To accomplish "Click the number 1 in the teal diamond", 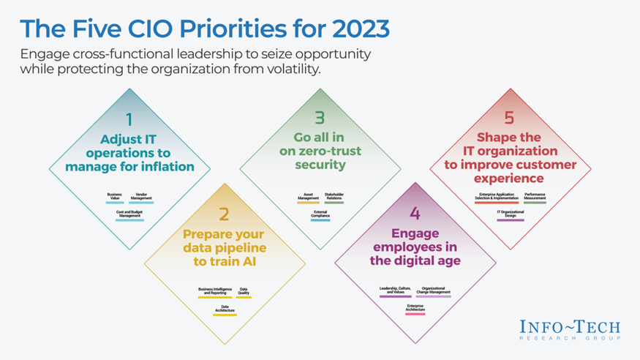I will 129,119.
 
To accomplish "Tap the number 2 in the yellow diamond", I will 224,214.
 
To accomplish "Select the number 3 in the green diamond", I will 320,118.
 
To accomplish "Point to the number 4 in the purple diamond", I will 415,214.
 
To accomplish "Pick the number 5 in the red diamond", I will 509,118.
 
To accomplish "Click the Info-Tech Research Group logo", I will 571,329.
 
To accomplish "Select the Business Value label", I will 115,197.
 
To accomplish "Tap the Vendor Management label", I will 141,197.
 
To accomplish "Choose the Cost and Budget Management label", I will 129,214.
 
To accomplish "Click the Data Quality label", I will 244,291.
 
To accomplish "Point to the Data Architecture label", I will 225,310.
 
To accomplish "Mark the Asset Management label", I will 308,197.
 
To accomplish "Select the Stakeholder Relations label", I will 334,197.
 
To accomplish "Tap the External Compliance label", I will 320,214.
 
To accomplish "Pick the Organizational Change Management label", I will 434,291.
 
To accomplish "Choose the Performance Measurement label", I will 535,196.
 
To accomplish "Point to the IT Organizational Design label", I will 511,214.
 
